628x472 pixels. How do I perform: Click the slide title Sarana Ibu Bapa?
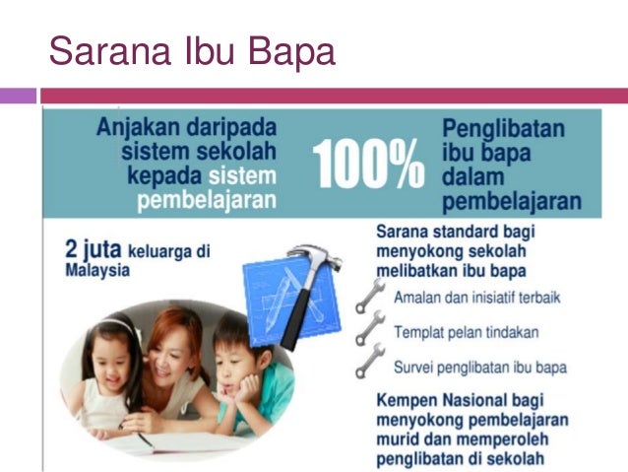192,51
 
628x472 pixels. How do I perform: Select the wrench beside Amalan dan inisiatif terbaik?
369,294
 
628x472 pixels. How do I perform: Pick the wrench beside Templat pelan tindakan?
369,328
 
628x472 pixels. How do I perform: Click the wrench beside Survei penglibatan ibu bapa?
369,364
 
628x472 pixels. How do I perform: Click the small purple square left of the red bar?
18,96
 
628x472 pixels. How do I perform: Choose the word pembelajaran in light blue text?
207,200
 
